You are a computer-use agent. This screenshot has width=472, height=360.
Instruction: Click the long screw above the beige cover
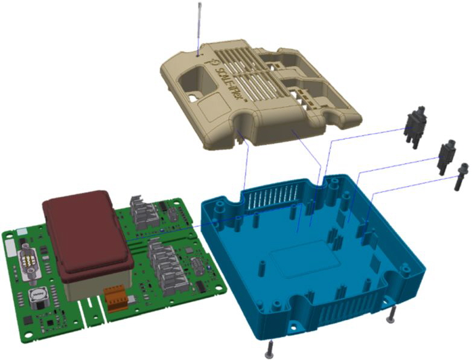[199, 27]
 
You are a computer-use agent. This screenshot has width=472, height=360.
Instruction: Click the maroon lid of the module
[87, 233]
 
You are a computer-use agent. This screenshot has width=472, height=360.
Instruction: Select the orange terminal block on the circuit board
[116, 298]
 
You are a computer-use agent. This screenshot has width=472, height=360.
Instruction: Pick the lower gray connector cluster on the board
[162, 266]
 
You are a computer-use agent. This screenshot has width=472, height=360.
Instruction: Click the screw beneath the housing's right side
[392, 313]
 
